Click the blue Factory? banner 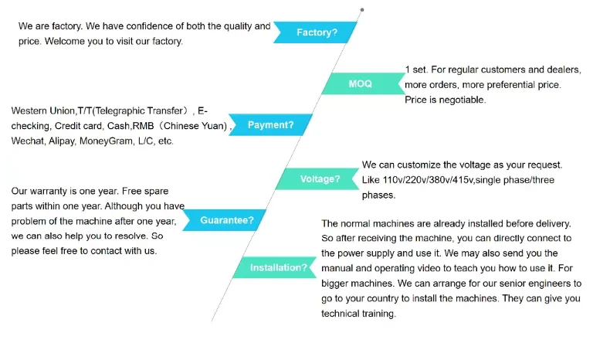317,32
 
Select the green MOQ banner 360,83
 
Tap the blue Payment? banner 270,124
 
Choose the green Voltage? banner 320,179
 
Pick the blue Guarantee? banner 226,220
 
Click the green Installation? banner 278,268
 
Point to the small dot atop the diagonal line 362,10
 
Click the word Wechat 26,141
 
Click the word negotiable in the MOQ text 460,100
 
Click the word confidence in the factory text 141,26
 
